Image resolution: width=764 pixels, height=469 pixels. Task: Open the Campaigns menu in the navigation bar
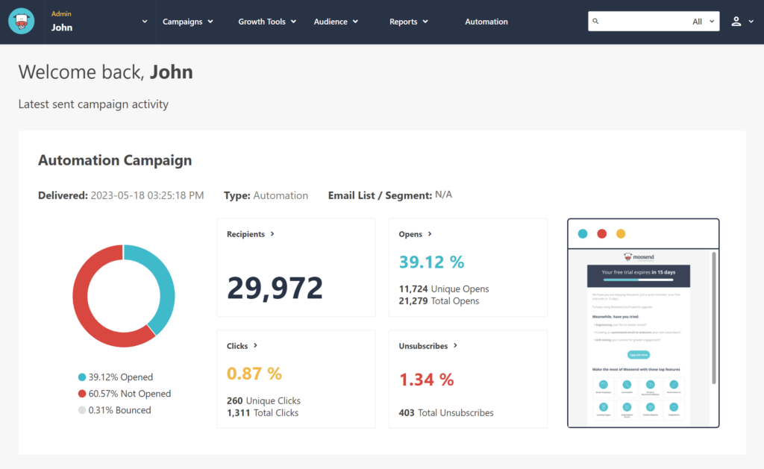click(x=187, y=22)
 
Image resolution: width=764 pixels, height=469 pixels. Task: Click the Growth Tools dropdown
click(x=266, y=22)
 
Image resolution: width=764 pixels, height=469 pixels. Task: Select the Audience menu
click(x=335, y=22)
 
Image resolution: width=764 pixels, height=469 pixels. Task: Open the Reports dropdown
click(x=408, y=22)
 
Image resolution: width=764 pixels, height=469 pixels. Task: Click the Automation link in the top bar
click(x=486, y=22)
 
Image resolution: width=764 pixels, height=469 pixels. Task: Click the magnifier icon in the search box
click(x=595, y=22)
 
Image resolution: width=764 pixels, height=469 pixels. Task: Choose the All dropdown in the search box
click(x=703, y=22)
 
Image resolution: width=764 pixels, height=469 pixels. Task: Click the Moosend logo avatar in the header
click(x=22, y=22)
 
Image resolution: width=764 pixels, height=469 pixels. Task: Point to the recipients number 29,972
click(x=275, y=288)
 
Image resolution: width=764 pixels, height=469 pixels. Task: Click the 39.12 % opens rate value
click(x=431, y=262)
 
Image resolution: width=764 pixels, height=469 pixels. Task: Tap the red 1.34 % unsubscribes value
click(x=426, y=379)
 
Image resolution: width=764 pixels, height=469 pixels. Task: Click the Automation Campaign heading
click(x=115, y=160)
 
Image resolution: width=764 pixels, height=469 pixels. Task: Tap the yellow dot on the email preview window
click(x=621, y=233)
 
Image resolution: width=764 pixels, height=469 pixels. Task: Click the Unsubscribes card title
click(x=423, y=346)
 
